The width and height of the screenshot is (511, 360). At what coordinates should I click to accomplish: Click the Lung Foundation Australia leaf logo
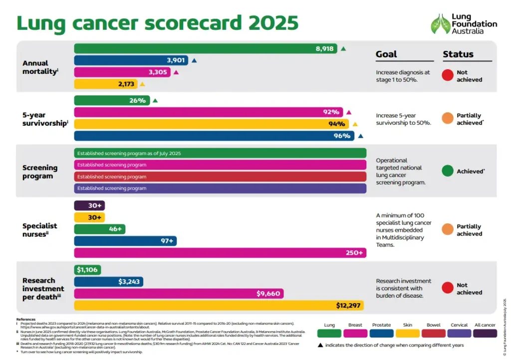click(x=440, y=23)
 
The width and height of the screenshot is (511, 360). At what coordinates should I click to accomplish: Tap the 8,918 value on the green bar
click(x=324, y=48)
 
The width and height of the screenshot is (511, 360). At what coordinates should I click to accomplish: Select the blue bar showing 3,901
click(x=131, y=60)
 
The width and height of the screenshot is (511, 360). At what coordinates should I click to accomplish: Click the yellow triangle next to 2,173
click(x=142, y=84)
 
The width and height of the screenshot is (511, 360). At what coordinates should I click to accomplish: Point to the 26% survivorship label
click(x=137, y=100)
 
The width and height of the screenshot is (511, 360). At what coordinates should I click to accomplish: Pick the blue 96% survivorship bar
click(x=214, y=136)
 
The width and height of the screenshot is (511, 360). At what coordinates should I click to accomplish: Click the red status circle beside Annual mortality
click(x=448, y=75)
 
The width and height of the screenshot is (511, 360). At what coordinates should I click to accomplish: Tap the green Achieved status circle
click(x=448, y=171)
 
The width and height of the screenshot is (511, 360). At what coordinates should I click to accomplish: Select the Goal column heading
click(x=386, y=54)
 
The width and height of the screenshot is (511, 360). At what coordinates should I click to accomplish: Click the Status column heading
click(x=458, y=54)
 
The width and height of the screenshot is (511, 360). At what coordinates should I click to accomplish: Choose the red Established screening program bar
click(x=220, y=177)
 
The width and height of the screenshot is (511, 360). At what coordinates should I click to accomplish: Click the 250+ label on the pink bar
click(x=354, y=253)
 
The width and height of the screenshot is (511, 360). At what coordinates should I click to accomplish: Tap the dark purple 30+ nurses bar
click(x=89, y=205)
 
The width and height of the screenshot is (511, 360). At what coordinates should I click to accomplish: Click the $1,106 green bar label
click(x=88, y=270)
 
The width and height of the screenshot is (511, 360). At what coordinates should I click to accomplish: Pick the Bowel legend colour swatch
click(x=433, y=334)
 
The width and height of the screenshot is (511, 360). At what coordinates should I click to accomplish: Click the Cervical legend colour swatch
click(x=459, y=334)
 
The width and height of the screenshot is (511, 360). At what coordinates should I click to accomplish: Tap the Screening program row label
click(x=40, y=172)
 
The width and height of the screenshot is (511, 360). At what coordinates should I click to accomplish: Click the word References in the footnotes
click(x=26, y=319)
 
